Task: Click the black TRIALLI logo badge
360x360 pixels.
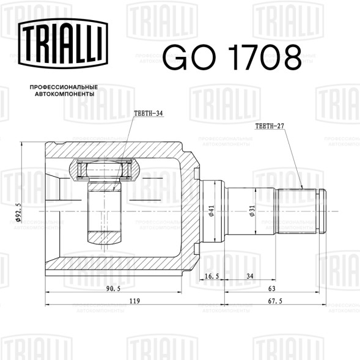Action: click(x=63, y=43)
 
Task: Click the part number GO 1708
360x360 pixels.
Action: click(x=232, y=57)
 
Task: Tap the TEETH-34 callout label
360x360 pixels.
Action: click(x=149, y=113)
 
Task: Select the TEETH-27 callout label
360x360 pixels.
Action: click(x=270, y=126)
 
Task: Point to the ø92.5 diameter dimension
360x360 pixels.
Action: click(x=18, y=212)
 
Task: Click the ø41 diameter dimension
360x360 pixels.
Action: click(x=211, y=211)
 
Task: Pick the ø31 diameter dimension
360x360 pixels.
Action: click(x=252, y=211)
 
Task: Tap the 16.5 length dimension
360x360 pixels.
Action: click(x=211, y=276)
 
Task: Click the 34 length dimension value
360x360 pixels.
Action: click(x=250, y=276)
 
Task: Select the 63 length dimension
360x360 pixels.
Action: click(x=272, y=288)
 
